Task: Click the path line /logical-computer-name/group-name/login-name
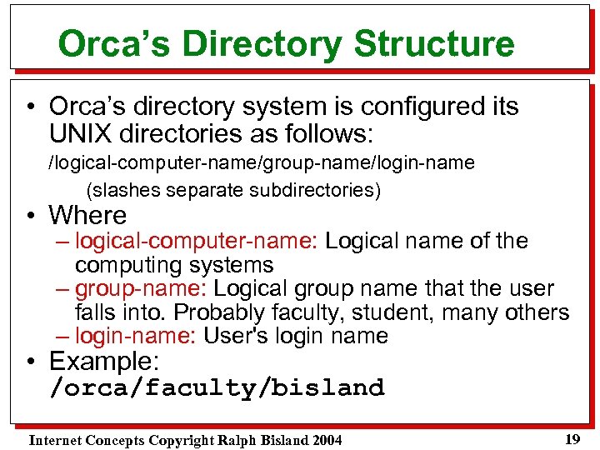261,162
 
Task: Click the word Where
87,215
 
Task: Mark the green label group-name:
141,289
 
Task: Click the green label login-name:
136,337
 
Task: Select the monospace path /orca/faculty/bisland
217,388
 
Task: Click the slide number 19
572,439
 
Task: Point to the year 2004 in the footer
324,440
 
